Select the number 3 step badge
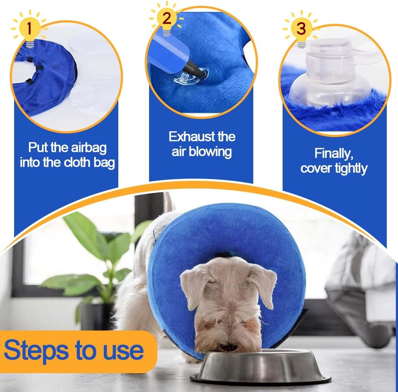[301, 28]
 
